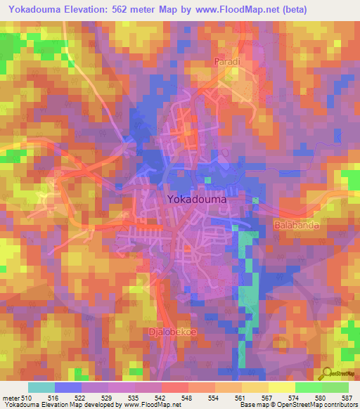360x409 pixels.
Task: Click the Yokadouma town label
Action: pos(197,199)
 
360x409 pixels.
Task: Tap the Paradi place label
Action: pos(227,62)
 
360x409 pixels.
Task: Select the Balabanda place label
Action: pos(295,226)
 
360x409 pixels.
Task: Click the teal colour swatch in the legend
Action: pos(41,387)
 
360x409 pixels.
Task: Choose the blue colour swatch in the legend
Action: pos(68,387)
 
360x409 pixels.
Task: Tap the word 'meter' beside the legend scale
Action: pos(11,398)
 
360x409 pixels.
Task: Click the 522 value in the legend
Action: pos(82,398)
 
